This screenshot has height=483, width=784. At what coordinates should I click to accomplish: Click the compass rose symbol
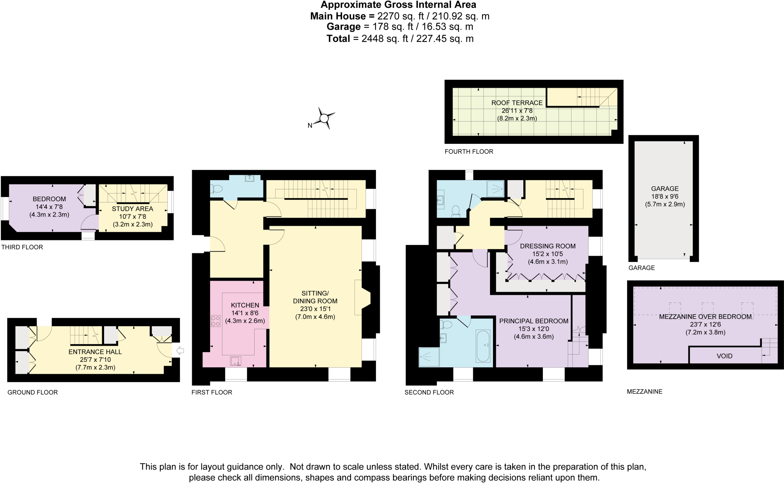[x=324, y=118]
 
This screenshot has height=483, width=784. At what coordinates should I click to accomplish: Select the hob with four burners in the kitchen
[x=216, y=321]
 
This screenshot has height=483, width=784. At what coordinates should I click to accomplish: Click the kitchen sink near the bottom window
[x=236, y=361]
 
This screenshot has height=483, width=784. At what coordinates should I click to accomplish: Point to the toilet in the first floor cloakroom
[x=217, y=189]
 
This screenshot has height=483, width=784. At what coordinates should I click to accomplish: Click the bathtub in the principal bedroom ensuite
[x=483, y=346]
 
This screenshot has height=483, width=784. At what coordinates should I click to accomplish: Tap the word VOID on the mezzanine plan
[x=724, y=356]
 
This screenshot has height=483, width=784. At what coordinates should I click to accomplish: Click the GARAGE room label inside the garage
[x=665, y=189]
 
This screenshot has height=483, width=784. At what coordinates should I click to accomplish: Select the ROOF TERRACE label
[x=517, y=103]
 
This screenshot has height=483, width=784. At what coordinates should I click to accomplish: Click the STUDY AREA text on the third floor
[x=132, y=209]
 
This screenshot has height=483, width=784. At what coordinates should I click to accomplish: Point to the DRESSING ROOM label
[x=547, y=246]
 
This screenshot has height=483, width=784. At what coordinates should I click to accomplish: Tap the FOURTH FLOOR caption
[x=469, y=151]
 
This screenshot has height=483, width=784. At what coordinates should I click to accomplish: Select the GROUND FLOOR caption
[x=33, y=392]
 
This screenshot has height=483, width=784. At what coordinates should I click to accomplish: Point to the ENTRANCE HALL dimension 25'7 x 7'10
[x=95, y=360]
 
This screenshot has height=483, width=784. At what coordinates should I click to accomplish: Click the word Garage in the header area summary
[x=343, y=27]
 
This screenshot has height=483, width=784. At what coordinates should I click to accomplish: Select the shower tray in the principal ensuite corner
[x=429, y=357]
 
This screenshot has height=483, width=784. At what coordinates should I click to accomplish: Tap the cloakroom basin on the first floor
[x=249, y=178]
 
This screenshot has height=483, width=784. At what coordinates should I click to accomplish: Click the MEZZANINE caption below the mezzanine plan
[x=644, y=391]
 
